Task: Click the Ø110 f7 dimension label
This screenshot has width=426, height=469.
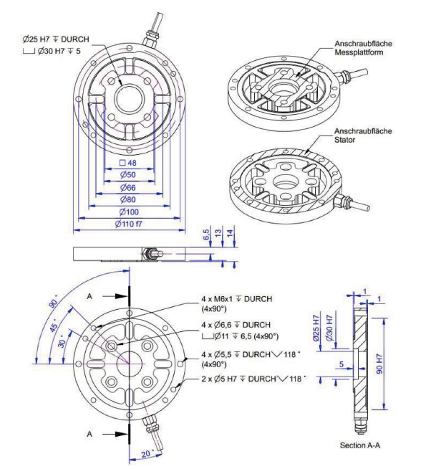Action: pyautogui.click(x=128, y=224)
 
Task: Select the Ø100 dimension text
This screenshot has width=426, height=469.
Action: pyautogui.click(x=129, y=212)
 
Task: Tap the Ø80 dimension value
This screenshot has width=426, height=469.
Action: pyautogui.click(x=127, y=199)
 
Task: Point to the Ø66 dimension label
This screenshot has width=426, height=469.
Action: pyautogui.click(x=127, y=188)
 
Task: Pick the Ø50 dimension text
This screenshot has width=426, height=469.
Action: pyautogui.click(x=127, y=175)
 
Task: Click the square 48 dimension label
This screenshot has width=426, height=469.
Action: pyautogui.click(x=127, y=163)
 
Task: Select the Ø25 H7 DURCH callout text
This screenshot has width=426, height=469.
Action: pyautogui.click(x=56, y=39)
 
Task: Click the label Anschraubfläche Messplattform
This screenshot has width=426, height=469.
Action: pyautogui.click(x=363, y=48)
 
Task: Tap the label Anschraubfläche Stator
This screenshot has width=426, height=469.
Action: pyautogui.click(x=363, y=136)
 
